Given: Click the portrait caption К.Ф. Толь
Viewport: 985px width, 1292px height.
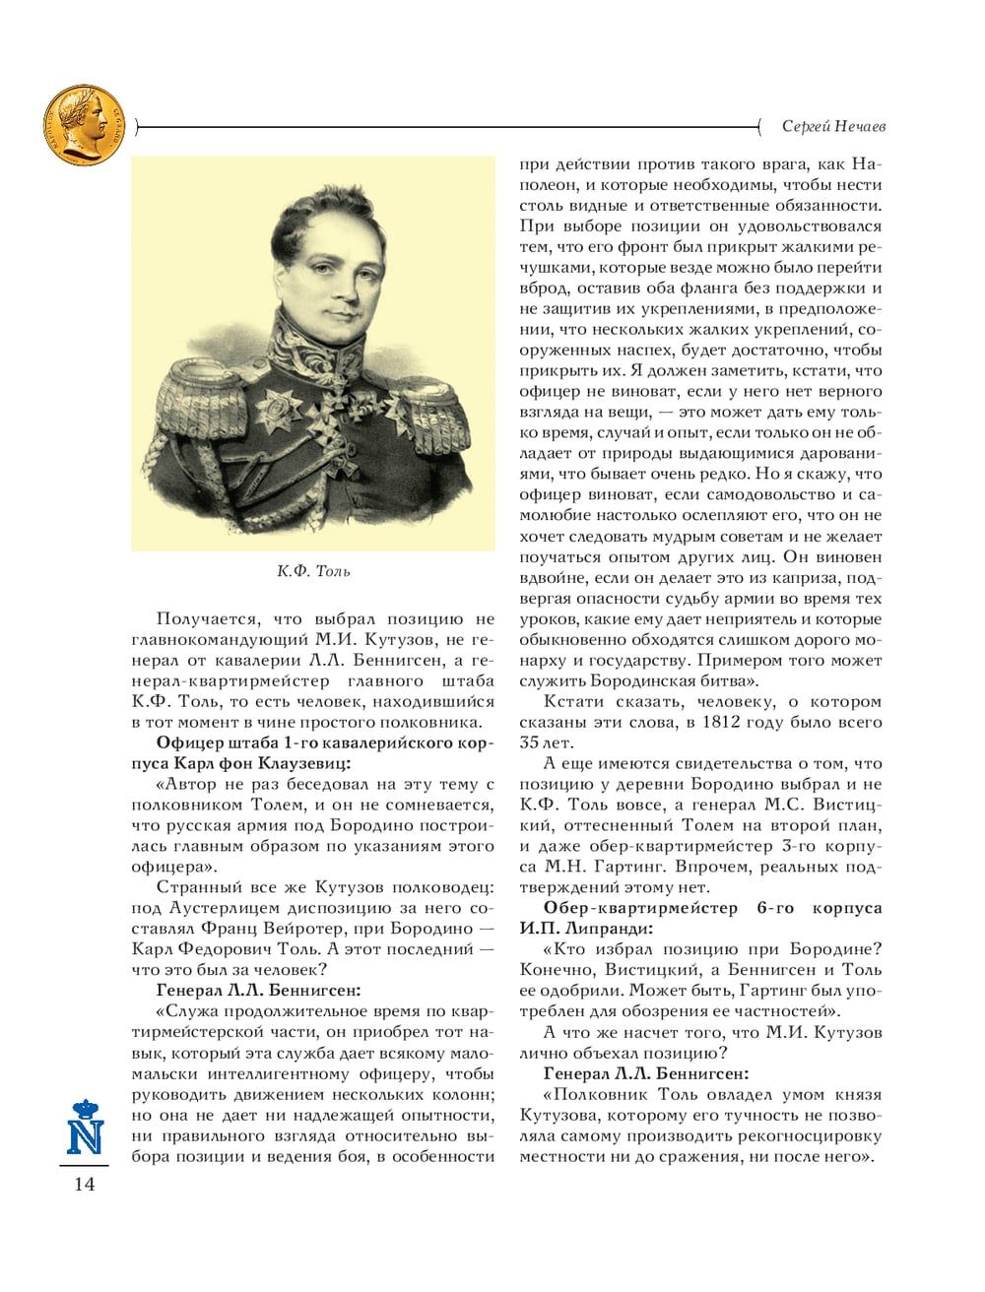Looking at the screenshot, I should [x=313, y=571].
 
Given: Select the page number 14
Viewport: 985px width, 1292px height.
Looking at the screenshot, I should [x=84, y=1185].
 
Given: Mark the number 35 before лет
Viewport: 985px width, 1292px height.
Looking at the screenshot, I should [x=531, y=743].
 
